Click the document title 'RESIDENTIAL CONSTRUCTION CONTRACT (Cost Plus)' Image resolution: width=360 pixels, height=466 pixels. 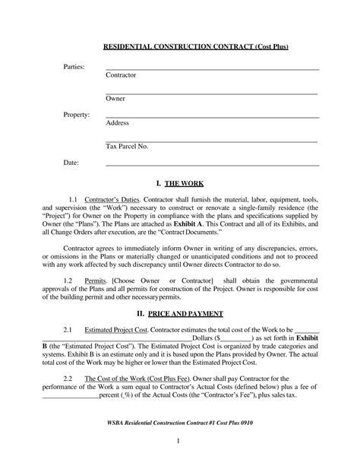click(x=196, y=47)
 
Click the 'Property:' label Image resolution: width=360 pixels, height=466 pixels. click(x=76, y=115)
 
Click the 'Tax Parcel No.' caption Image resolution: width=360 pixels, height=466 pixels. click(x=127, y=145)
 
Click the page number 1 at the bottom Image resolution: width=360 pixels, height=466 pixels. click(x=177, y=442)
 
